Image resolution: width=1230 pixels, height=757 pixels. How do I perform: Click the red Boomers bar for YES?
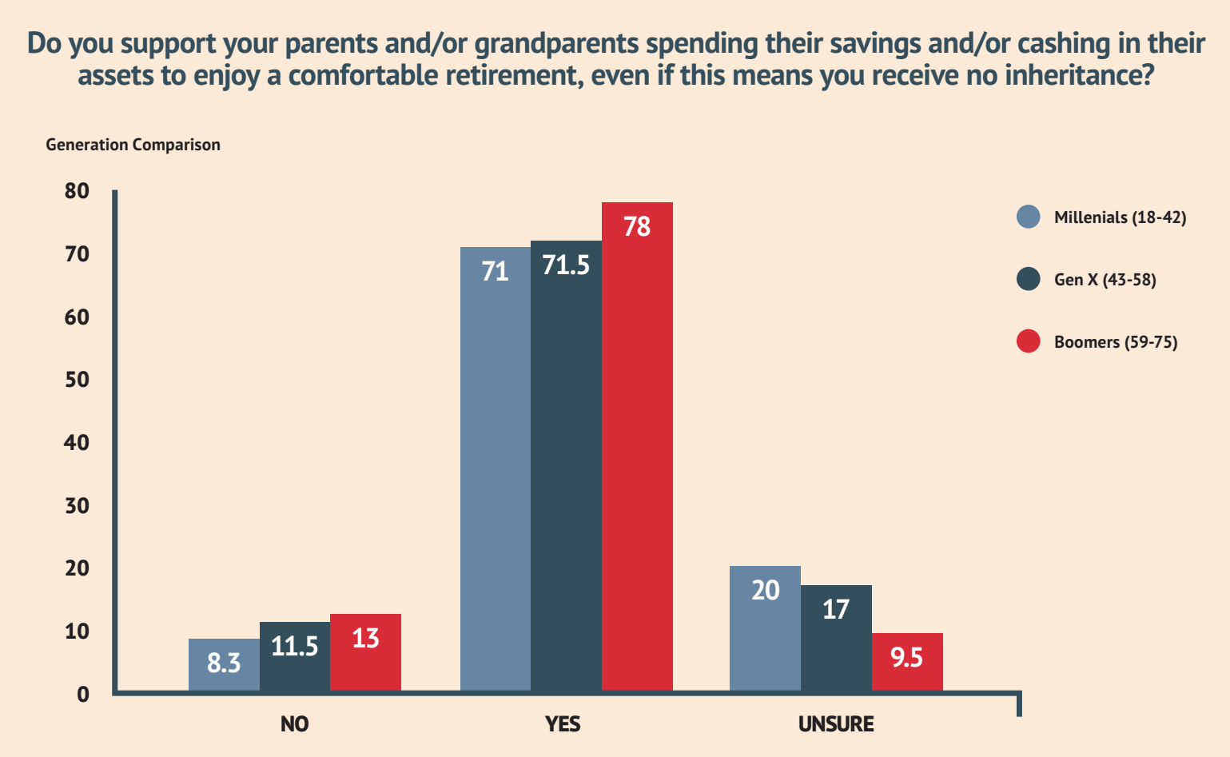(x=637, y=448)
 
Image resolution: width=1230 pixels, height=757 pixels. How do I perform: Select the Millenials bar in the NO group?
(x=224, y=665)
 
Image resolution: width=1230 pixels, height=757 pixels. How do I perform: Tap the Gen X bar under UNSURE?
(x=836, y=639)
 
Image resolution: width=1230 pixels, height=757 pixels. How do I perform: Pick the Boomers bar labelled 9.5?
(x=907, y=662)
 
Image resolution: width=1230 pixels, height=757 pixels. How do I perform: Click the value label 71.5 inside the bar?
(x=566, y=265)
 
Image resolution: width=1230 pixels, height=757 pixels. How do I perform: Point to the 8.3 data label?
(x=224, y=663)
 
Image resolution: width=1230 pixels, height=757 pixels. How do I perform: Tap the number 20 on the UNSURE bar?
(x=765, y=591)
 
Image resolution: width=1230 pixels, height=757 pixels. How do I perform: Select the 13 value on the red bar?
(x=365, y=639)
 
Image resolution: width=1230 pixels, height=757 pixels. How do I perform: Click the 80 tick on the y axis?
(x=77, y=191)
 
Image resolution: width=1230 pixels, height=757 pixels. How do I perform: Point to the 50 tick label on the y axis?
(x=77, y=380)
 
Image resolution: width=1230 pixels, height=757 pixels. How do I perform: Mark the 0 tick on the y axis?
(x=82, y=695)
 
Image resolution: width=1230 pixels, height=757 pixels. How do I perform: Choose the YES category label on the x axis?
(x=563, y=724)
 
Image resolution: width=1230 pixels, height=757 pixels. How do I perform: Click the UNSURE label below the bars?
(x=836, y=724)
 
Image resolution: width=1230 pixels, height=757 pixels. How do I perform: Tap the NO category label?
(x=294, y=724)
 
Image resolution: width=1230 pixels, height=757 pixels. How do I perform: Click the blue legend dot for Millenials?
(x=1029, y=217)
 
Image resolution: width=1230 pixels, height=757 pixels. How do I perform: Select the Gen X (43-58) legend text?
(x=1105, y=280)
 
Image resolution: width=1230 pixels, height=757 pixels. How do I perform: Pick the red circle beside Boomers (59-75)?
(x=1029, y=341)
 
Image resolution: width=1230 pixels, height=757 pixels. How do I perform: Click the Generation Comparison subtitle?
(x=133, y=145)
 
